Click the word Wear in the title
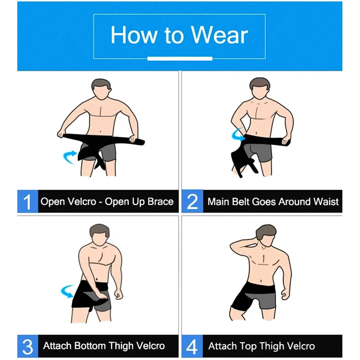(220, 35)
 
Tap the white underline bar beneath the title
(180, 58)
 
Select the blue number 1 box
(27, 202)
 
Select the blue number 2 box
(192, 202)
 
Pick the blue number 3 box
(27, 346)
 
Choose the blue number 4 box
(192, 346)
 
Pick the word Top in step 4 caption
(248, 346)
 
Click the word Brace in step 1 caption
(161, 201)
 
